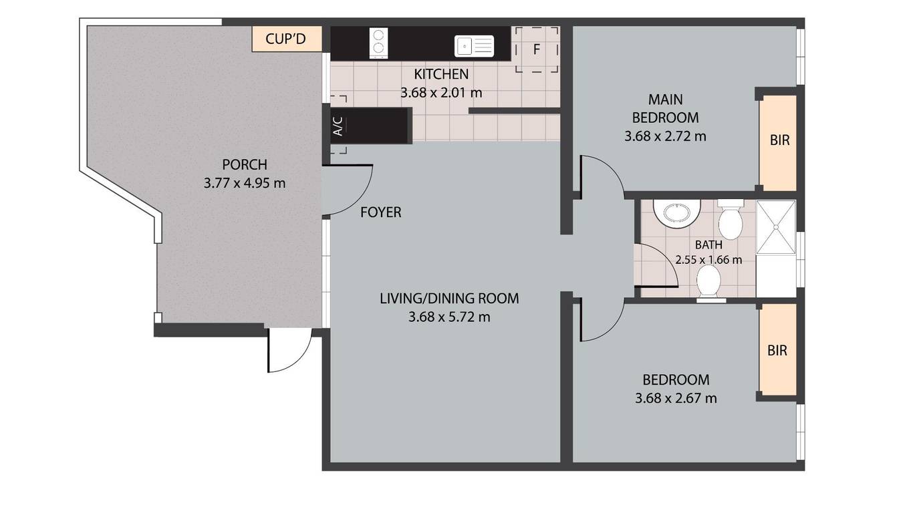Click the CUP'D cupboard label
click(x=285, y=39)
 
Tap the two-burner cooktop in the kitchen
click(x=378, y=43)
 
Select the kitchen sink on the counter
click(x=474, y=46)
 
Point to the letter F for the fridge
click(x=537, y=49)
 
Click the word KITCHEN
click(x=441, y=74)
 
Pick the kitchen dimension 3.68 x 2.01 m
click(x=441, y=93)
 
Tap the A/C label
click(x=338, y=126)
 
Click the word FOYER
click(x=381, y=212)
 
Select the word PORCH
click(x=245, y=164)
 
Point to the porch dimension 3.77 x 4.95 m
click(x=245, y=184)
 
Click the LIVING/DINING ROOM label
click(x=449, y=299)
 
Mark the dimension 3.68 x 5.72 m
click(x=449, y=317)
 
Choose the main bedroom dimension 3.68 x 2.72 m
click(x=665, y=136)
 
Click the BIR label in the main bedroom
click(x=779, y=140)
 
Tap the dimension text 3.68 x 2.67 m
click(x=676, y=398)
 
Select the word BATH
click(x=708, y=245)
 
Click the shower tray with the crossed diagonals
click(x=776, y=227)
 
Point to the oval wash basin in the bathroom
click(x=676, y=213)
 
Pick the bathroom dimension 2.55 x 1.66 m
click(x=708, y=260)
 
